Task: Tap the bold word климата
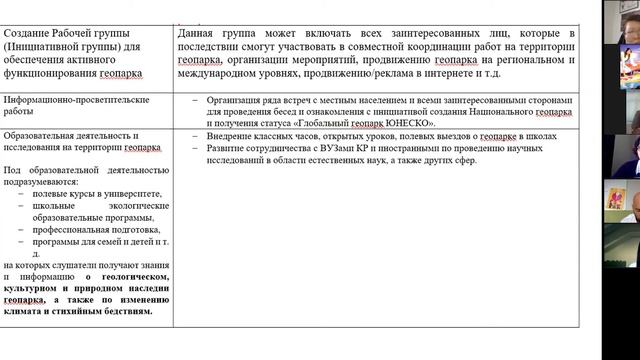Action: [25, 311]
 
